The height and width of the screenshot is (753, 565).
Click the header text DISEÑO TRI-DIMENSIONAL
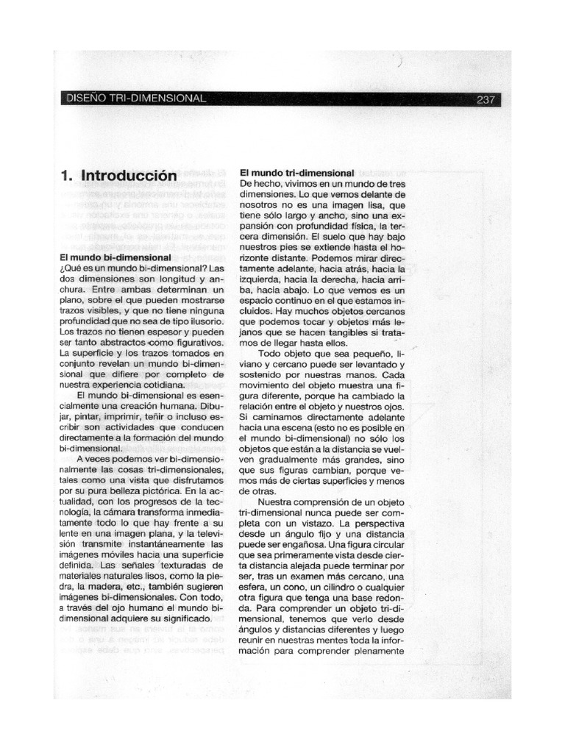coord(136,99)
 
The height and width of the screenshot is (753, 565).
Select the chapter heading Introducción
coord(129,176)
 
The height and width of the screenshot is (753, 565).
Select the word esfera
coord(255,578)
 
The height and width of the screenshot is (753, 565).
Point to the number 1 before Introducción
coord(65,176)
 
